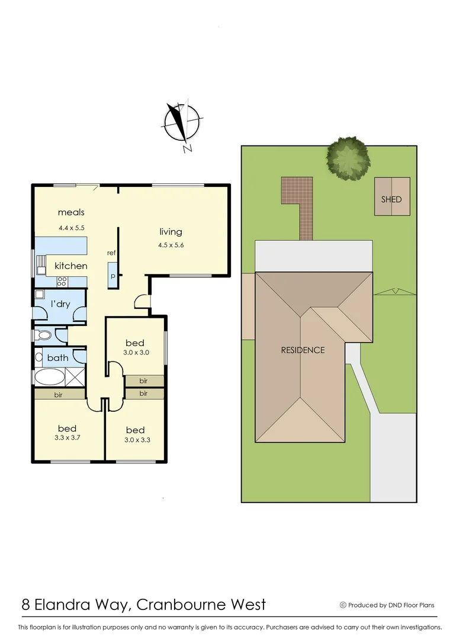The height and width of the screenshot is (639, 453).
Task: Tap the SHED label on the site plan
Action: point(391,199)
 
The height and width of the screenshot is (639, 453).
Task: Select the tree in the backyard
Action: point(348,158)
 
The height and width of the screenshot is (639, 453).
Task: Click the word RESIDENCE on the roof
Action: point(303,350)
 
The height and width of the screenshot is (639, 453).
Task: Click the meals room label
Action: point(71,212)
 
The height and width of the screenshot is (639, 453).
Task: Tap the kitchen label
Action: point(71,266)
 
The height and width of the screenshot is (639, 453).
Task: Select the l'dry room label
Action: point(60,304)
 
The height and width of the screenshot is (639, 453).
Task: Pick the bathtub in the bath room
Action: point(49,376)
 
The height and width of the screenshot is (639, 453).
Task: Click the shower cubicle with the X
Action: point(75,376)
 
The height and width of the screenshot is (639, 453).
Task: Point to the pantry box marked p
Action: point(112,276)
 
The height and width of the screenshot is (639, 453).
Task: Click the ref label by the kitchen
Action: point(111,253)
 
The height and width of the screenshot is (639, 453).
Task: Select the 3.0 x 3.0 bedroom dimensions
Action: point(136,352)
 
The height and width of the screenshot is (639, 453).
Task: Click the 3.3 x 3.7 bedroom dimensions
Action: point(67,438)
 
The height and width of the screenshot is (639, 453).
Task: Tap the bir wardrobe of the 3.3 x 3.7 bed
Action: point(58,393)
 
